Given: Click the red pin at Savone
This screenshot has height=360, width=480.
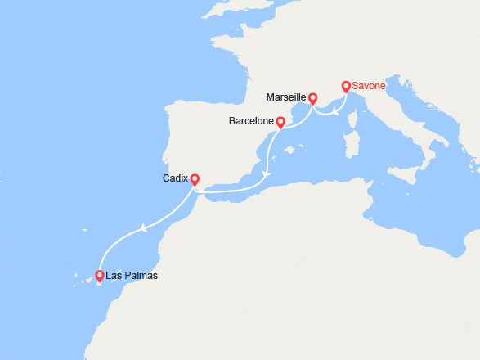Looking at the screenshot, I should (x=346, y=86).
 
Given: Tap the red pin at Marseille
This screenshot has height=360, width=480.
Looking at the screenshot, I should (x=312, y=98).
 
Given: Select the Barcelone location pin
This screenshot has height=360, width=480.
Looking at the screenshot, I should (x=280, y=123).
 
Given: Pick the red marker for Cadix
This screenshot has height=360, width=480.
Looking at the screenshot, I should (x=195, y=178).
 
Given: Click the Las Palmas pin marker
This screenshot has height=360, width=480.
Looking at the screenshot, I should (x=100, y=276).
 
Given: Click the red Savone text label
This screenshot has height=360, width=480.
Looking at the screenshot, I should (x=370, y=86).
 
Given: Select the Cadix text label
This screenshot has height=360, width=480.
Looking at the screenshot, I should (x=176, y=178).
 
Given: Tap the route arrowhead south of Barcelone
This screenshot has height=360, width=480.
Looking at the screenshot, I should (x=266, y=173).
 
